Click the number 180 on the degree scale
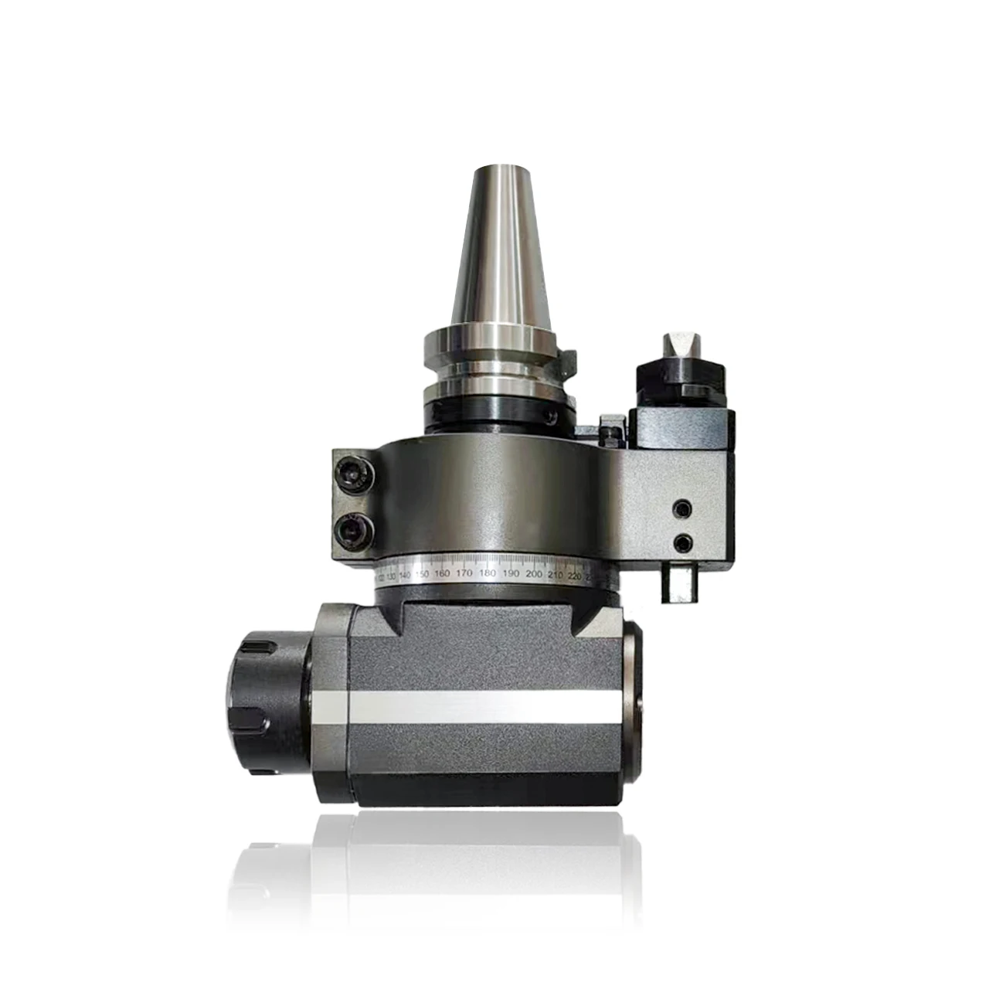488,574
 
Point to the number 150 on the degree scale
421,575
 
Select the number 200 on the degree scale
533,574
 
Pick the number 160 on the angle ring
442,574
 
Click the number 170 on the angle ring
464,574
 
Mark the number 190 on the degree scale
511,574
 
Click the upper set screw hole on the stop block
682,509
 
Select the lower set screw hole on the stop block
682,542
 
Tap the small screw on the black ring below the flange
550,416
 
